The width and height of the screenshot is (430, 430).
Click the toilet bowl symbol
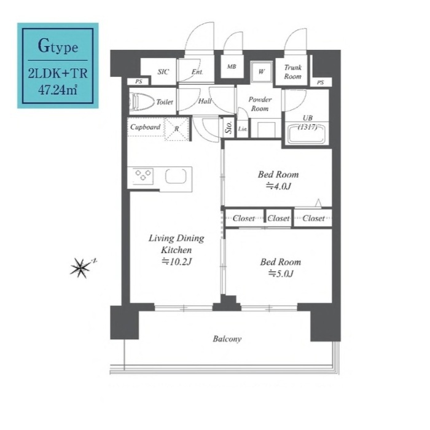(142, 102)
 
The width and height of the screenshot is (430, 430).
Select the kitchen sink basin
(176, 176)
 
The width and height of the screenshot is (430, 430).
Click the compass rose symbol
(80, 268)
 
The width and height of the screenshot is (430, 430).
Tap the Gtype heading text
(58, 46)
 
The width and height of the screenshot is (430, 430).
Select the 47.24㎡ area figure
(58, 90)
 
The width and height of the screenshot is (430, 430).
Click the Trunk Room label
(292, 72)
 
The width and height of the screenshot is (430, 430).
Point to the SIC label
(163, 72)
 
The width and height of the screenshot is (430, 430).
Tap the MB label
(232, 66)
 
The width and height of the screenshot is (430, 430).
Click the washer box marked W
(262, 72)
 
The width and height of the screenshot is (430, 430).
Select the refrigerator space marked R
(177, 129)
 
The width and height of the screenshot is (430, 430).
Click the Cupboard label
(145, 127)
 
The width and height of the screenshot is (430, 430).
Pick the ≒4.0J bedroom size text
(278, 187)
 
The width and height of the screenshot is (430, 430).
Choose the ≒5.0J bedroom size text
(281, 274)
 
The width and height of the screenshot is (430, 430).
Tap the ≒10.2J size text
(176, 262)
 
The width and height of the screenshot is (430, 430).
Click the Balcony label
(227, 339)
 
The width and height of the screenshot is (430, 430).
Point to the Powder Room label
(260, 104)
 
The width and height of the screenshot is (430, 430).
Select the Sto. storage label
(229, 128)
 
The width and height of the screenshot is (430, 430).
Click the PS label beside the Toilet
(139, 82)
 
